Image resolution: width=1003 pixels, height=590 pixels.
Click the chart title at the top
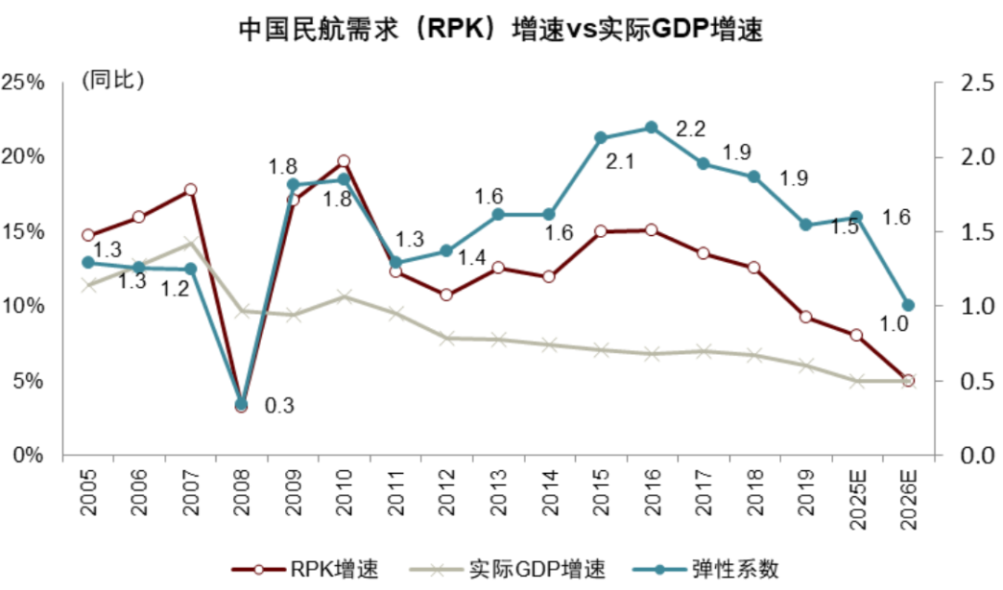click(x=501, y=30)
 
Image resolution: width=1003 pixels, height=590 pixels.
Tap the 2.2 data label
click(x=691, y=128)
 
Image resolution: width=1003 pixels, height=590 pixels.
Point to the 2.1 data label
click(x=619, y=162)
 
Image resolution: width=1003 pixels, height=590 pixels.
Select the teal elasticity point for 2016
click(x=651, y=127)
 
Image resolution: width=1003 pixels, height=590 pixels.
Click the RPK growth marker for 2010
click(x=343, y=162)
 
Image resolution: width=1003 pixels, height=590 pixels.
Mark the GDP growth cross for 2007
click(x=189, y=243)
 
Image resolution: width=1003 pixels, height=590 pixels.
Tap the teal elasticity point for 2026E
click(x=908, y=305)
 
